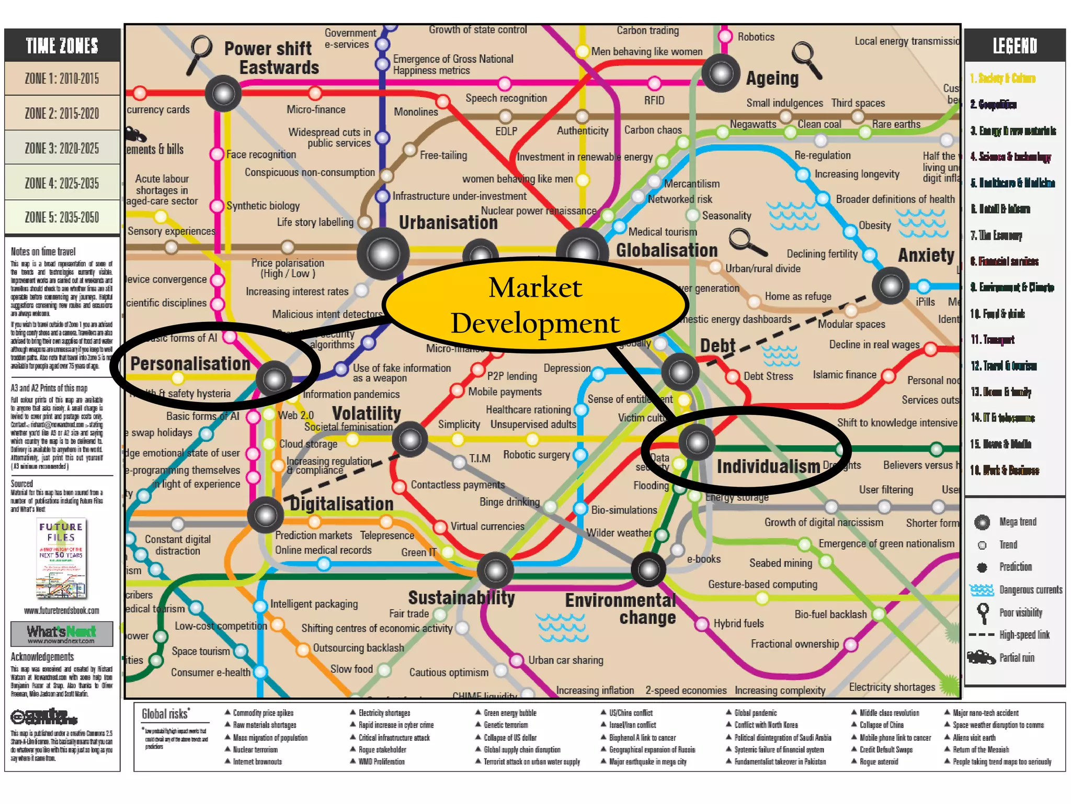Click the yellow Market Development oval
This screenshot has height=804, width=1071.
tap(535, 305)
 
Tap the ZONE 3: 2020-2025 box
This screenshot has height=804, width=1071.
tap(62, 148)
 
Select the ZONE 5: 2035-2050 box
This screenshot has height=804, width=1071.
tap(62, 217)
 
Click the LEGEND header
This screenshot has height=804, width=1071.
tap(1015, 46)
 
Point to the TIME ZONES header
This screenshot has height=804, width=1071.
tap(62, 46)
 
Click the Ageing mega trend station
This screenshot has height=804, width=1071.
tap(721, 73)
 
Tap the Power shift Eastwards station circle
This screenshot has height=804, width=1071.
tap(223, 94)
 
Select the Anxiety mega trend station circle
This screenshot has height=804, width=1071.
tap(891, 286)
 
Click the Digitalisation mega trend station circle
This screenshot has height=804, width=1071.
tap(266, 515)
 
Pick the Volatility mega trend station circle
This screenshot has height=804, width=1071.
tap(410, 440)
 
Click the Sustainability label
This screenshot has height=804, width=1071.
tap(461, 598)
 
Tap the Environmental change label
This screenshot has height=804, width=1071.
tap(621, 609)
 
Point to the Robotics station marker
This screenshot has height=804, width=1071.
tap(725, 36)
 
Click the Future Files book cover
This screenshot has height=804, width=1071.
tap(61, 558)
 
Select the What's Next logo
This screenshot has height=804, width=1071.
tap(62, 633)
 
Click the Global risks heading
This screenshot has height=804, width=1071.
tap(165, 714)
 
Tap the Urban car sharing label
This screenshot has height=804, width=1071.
tap(565, 660)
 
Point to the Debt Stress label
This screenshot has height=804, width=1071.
tap(768, 376)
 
